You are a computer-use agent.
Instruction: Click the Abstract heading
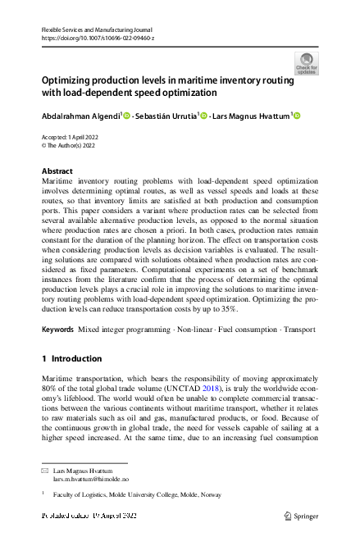(57, 171)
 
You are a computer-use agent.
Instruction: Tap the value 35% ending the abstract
(227, 309)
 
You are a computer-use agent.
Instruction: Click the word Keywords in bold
(58, 329)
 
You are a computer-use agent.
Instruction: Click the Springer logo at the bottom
(300, 515)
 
